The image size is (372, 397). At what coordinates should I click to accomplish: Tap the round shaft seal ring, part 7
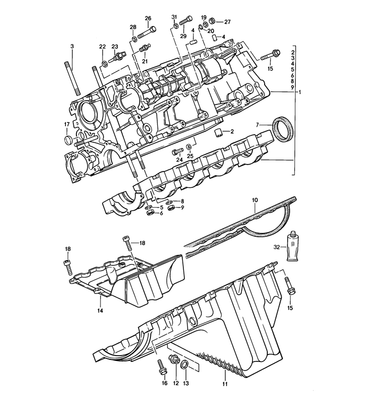point(281,130)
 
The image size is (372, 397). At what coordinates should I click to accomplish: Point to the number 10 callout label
point(255,200)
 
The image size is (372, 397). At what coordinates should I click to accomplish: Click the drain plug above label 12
point(173,360)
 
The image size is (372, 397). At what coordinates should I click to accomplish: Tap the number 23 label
point(114,46)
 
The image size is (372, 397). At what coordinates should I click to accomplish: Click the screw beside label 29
point(185,21)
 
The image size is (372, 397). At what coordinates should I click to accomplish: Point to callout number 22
point(102,46)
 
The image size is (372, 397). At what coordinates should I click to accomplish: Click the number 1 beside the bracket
point(300,92)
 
